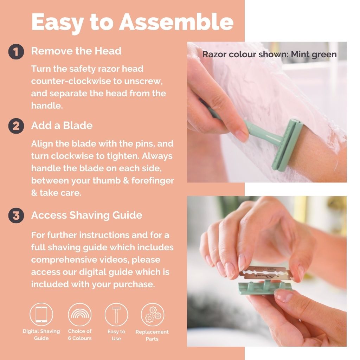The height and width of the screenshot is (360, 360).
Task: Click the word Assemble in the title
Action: [x=176, y=22]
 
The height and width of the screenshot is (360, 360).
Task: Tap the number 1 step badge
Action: [x=16, y=52]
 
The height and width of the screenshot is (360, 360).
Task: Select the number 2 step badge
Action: [x=16, y=126]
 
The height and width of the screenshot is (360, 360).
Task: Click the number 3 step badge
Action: [x=16, y=216]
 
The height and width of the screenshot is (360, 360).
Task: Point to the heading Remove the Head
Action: [x=76, y=51]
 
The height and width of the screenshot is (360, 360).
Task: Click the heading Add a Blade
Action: [x=62, y=126]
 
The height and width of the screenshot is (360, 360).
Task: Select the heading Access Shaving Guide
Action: [x=86, y=215]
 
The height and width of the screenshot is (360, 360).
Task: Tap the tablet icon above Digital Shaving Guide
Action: [x=41, y=314]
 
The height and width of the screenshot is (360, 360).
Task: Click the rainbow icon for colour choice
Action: [x=79, y=314]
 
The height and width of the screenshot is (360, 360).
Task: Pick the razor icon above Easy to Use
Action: [x=116, y=314]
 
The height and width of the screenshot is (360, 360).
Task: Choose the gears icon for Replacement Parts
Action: [x=153, y=314]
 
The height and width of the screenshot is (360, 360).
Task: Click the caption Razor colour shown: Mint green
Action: [x=269, y=54]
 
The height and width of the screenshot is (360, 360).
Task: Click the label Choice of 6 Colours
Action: [x=79, y=335]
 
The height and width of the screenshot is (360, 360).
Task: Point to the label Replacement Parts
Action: [x=152, y=335]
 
